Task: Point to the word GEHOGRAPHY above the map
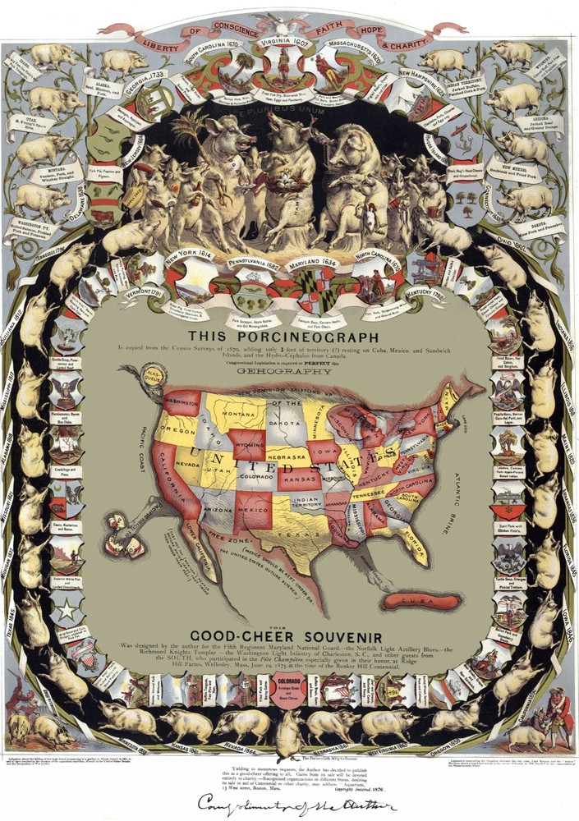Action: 289,370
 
